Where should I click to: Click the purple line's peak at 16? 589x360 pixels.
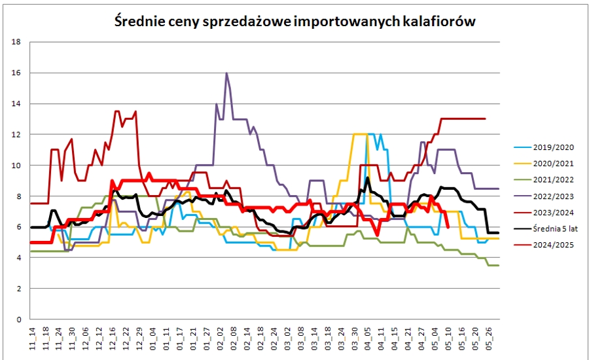point(226,73)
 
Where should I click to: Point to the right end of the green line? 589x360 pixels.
point(499,265)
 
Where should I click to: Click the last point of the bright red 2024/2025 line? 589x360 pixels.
point(448,227)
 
